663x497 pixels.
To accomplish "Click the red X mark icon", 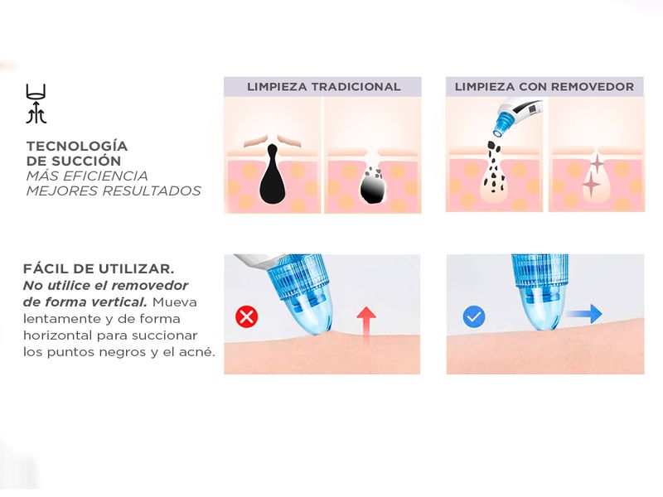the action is [x=246, y=316].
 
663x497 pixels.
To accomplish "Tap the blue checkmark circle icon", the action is [x=474, y=316].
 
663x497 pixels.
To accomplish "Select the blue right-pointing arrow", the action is [x=584, y=314].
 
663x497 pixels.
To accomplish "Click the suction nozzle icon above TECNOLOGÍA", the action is [x=36, y=104].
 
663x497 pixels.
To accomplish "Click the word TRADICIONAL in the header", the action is [x=356, y=87].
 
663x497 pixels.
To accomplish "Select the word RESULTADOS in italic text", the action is [x=152, y=191].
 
